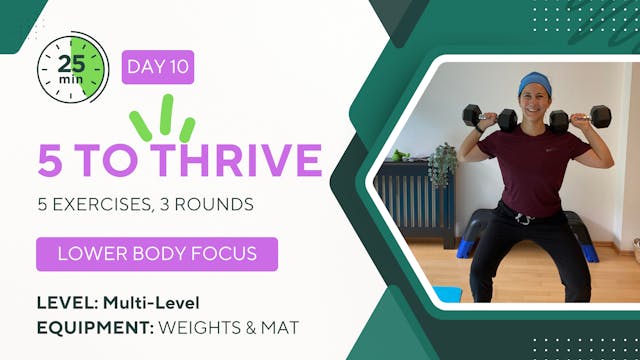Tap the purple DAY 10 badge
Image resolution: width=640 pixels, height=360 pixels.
158,67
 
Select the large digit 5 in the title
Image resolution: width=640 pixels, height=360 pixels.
51,160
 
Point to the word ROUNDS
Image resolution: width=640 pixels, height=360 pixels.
216,204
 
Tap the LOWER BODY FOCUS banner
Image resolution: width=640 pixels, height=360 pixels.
157,254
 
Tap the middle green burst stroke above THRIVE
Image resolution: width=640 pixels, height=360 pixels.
167,113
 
